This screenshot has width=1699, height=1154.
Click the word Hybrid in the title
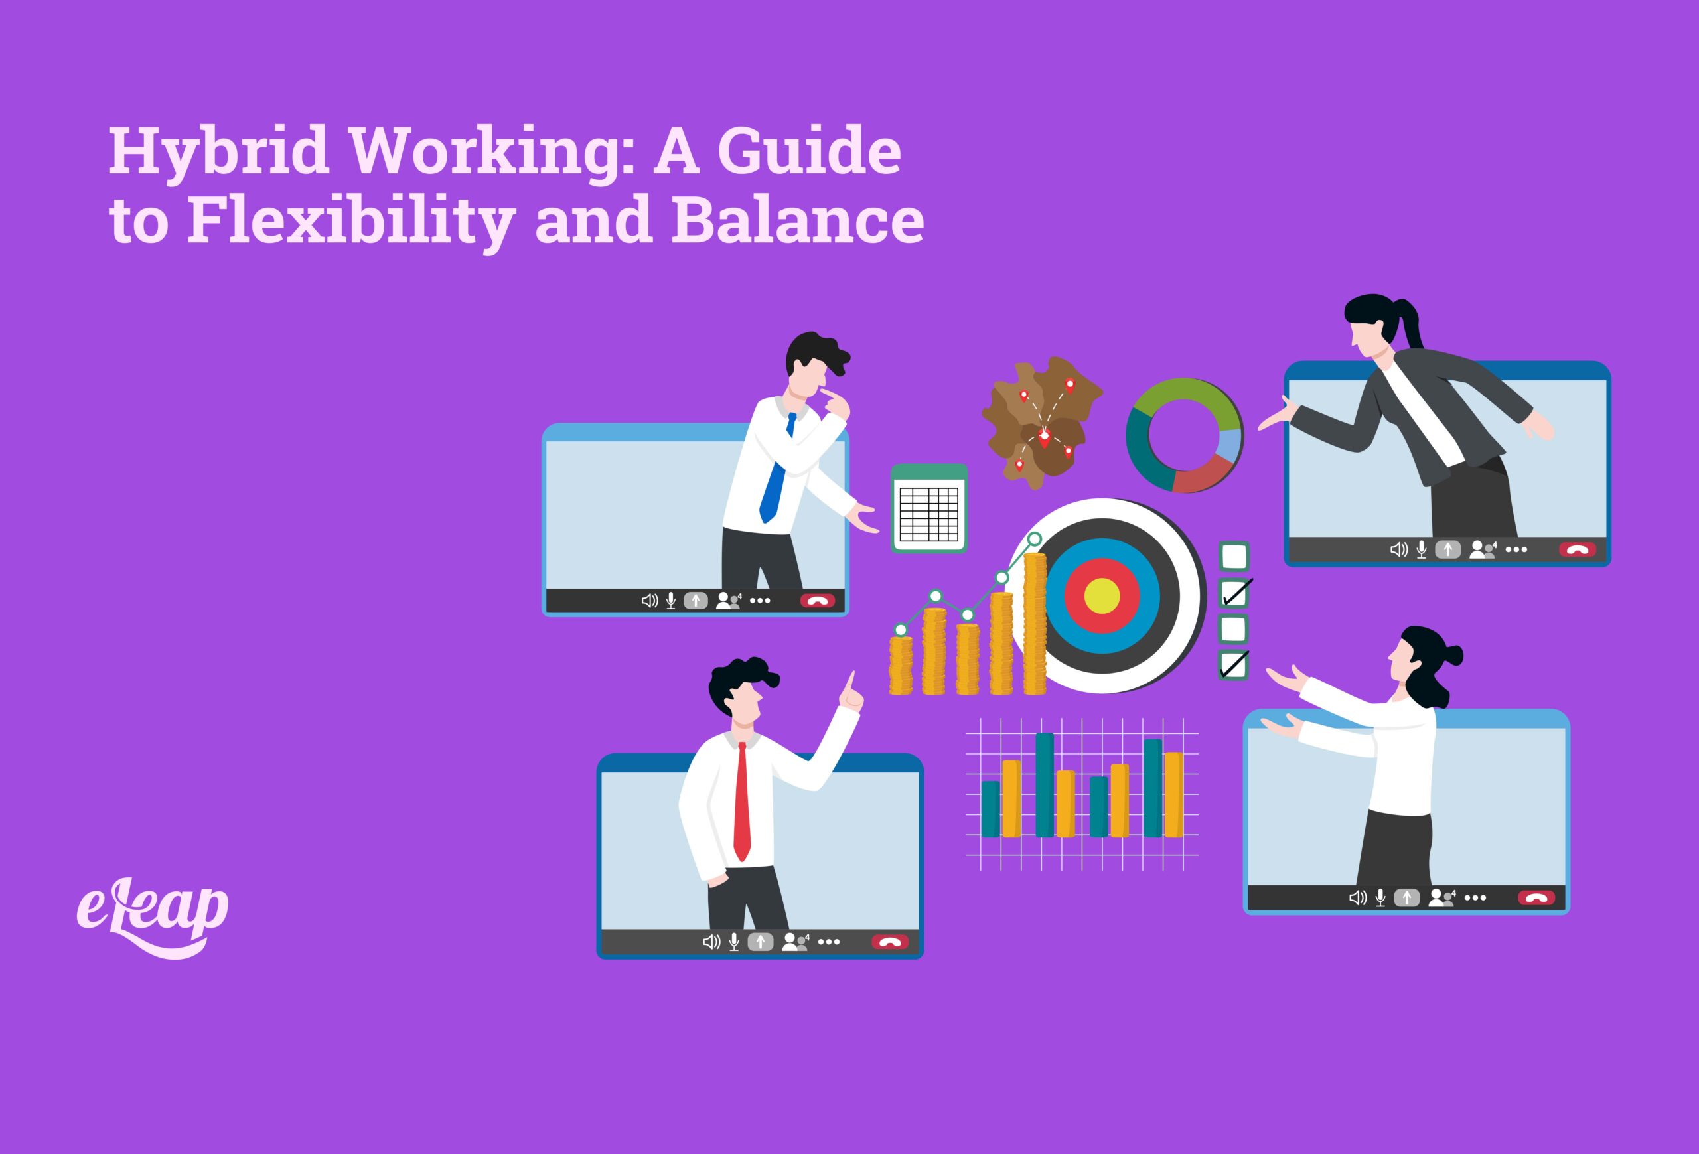coord(218,151)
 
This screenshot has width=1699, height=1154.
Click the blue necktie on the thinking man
coord(776,475)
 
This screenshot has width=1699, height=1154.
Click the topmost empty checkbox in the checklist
coord(1234,557)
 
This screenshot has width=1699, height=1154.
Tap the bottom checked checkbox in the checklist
coord(1234,664)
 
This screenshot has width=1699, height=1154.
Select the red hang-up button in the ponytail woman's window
coord(1577,549)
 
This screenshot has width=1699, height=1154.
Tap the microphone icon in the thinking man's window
coord(670,601)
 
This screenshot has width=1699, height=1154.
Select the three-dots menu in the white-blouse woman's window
coord(1475,897)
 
